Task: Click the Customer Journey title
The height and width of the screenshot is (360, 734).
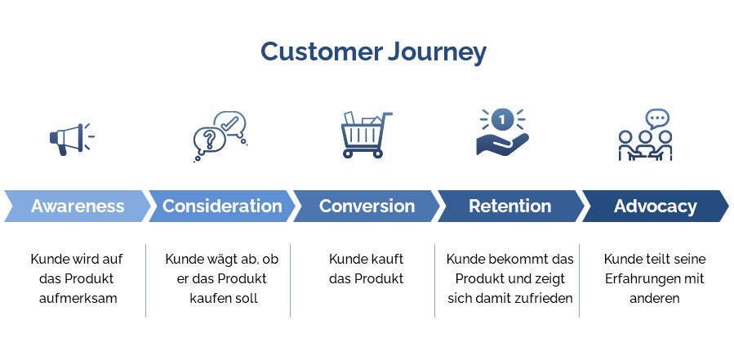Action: pos(373,52)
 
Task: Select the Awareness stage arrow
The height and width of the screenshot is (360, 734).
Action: pos(78,206)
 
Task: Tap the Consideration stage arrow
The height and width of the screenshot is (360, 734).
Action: pos(221,206)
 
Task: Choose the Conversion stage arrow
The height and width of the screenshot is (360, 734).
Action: pos(367,206)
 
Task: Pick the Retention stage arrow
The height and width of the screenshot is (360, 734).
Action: pos(509,206)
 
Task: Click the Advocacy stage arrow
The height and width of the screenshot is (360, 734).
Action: pos(655,206)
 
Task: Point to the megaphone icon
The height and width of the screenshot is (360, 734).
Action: pos(69,138)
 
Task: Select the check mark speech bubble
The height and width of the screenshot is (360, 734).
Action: pos(229,123)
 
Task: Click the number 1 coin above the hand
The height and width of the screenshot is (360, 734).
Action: pos(502,119)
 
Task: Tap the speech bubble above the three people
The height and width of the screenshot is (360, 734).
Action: pos(656,118)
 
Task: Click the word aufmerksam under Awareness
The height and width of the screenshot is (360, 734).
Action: pos(78,298)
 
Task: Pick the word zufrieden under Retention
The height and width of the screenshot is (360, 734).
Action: pos(546,298)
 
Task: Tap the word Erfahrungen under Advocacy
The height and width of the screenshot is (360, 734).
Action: pos(643,278)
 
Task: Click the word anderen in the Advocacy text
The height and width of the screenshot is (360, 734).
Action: pos(655,298)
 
